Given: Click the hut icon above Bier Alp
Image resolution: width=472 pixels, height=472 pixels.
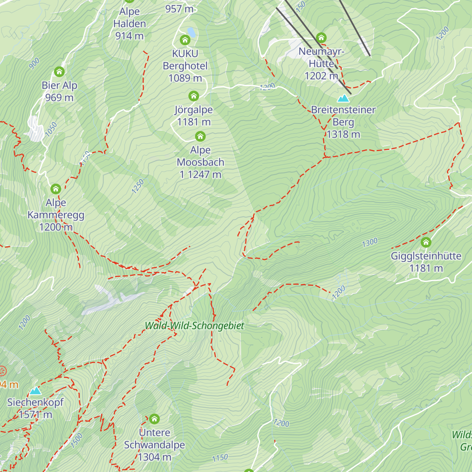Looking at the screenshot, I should click(x=59, y=72).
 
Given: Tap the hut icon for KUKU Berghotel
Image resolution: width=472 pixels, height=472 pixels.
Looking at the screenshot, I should click(x=185, y=40).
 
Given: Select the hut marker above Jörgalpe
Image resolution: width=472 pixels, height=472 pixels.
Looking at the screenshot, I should click(x=193, y=96).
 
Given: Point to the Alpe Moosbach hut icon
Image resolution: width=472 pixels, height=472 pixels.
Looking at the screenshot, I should click(x=200, y=136).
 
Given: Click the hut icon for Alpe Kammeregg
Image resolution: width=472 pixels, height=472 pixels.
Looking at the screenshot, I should click(x=55, y=189).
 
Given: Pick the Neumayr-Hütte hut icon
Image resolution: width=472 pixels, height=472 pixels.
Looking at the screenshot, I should click(x=321, y=38).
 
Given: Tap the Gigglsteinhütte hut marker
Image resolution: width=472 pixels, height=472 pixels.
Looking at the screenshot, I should click(x=426, y=242).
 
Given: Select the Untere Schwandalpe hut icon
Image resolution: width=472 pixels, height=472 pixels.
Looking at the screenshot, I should click(x=154, y=419).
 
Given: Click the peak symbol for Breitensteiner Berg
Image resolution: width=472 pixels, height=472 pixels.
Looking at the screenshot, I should click(x=343, y=98).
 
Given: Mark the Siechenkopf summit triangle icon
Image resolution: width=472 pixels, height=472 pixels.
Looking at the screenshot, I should click(x=35, y=391).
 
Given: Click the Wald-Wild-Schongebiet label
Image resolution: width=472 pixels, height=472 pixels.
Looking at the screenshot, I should click(x=194, y=326).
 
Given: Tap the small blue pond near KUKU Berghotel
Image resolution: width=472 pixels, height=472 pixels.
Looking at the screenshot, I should click(x=191, y=31).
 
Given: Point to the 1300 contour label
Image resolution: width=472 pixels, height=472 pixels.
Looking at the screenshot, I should click(x=370, y=243).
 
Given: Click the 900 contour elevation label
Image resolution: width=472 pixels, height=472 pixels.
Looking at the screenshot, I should click(x=34, y=63).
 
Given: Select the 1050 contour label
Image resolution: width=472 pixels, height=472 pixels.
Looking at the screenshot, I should click(x=51, y=129).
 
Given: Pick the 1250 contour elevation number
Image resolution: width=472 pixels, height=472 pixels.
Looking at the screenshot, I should click(x=138, y=186).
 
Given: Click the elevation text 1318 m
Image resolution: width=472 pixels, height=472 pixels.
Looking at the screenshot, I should click(x=343, y=135).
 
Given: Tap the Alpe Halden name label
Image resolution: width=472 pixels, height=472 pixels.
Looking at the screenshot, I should click(x=129, y=18).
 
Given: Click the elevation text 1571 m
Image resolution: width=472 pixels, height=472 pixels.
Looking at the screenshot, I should click(x=35, y=415).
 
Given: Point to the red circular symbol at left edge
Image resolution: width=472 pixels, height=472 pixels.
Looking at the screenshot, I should click(x=2, y=371).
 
